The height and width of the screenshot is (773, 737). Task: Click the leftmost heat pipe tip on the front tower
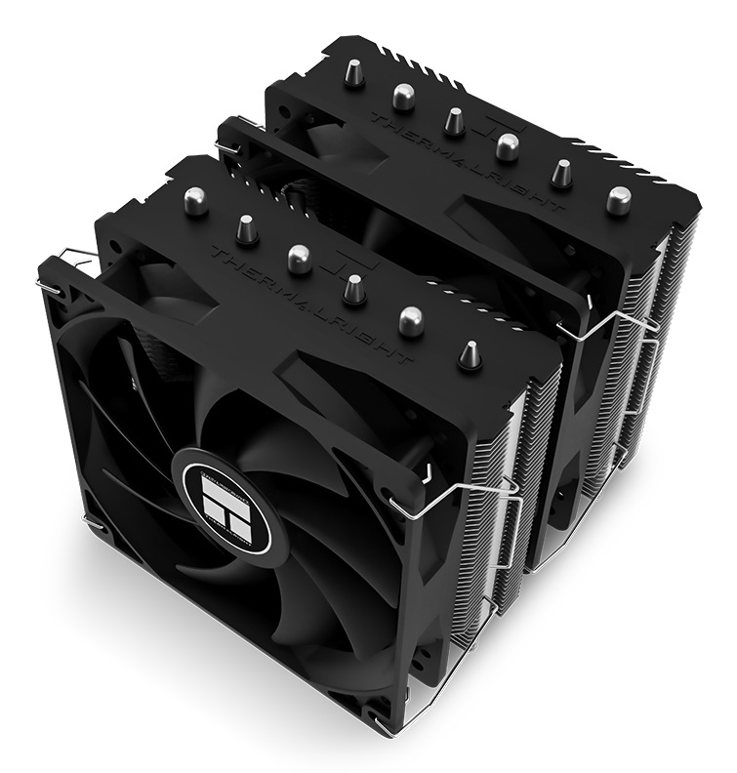click(x=195, y=201)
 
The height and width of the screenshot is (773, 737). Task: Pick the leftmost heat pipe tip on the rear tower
click(x=353, y=71)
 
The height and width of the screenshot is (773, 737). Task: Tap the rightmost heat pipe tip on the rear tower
click(x=617, y=200)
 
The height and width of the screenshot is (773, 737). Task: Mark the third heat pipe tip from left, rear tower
click(x=454, y=121)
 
